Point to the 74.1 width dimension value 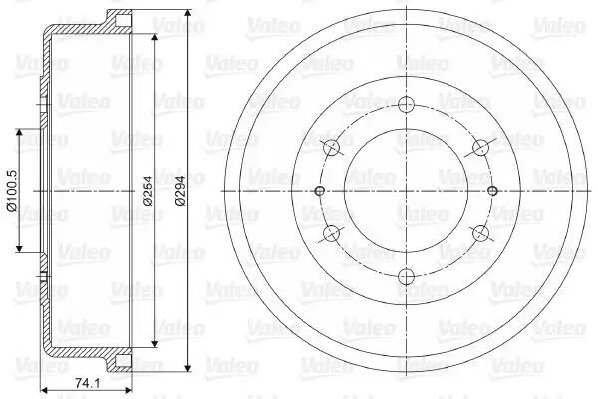click(85, 382)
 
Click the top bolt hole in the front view click(405, 104)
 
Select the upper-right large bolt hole click(479, 148)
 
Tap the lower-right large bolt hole click(479, 234)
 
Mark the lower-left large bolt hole click(330, 234)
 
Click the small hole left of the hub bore click(319, 191)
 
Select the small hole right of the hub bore click(491, 191)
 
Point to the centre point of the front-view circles click(405, 191)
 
